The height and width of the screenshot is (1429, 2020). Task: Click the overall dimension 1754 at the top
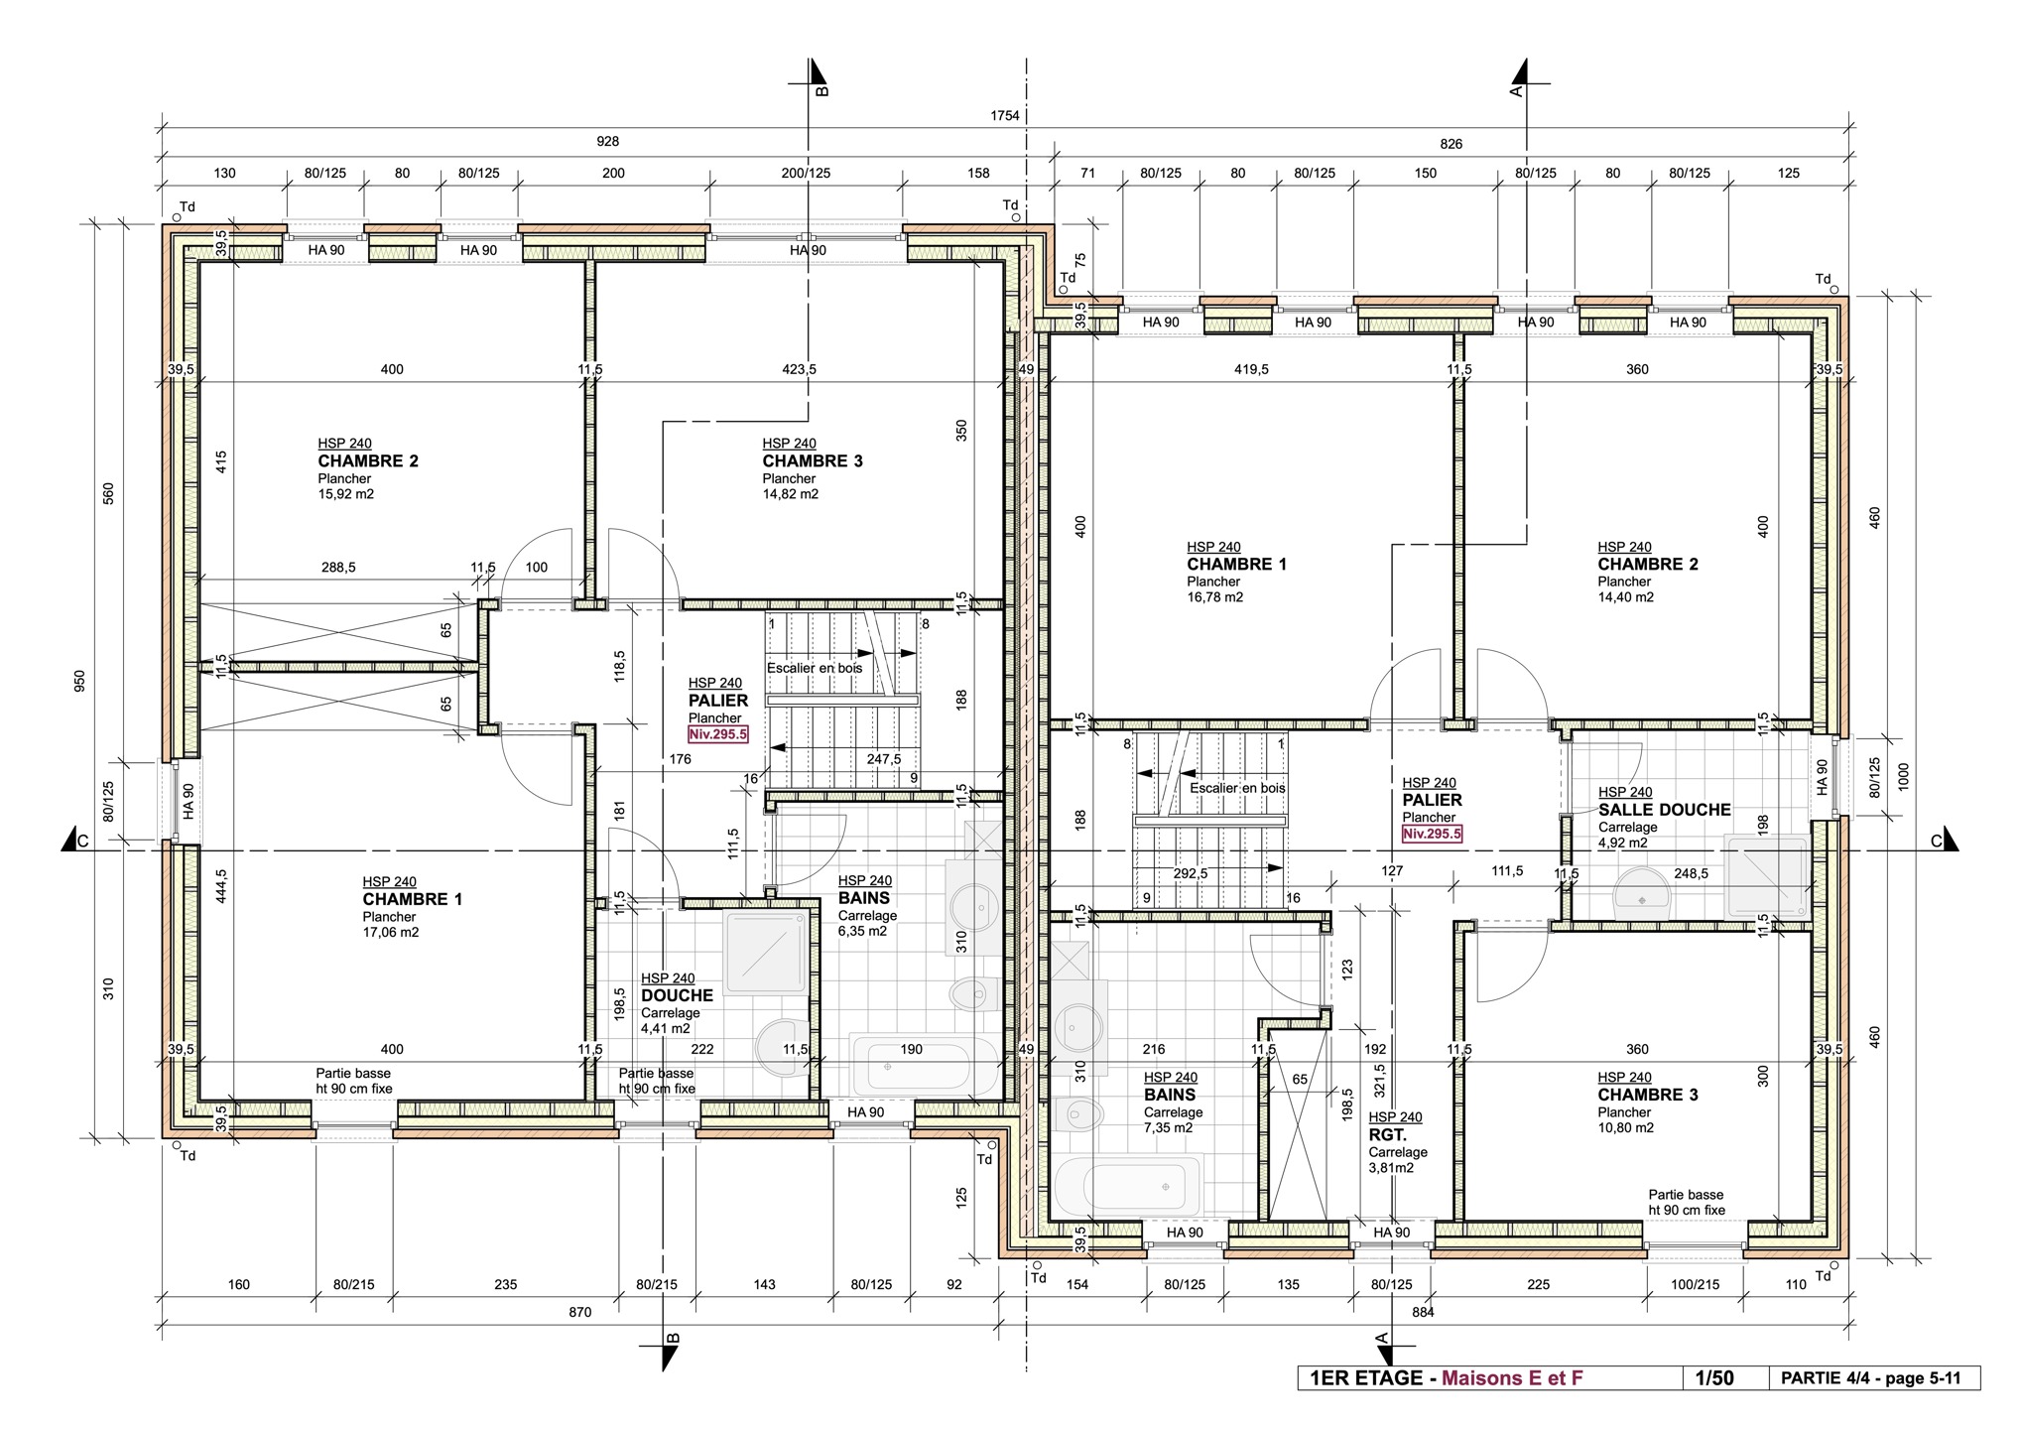click(x=1004, y=115)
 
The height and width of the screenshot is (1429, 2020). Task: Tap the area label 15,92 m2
click(x=345, y=494)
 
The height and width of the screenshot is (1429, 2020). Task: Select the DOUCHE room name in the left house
click(x=677, y=995)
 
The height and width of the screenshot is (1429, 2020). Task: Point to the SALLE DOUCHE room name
click(x=1664, y=810)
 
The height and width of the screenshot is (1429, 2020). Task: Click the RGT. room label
click(x=1387, y=1134)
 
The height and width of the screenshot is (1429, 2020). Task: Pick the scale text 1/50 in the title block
click(x=1714, y=1377)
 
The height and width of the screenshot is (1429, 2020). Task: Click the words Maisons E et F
click(x=1512, y=1377)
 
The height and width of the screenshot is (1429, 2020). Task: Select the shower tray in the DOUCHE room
click(x=767, y=953)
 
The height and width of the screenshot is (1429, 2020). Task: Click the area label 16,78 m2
click(x=1214, y=597)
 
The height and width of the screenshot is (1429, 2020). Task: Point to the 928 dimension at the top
click(x=607, y=142)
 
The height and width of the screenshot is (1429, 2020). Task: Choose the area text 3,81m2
click(x=1391, y=1168)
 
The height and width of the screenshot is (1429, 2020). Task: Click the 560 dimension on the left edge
click(x=108, y=493)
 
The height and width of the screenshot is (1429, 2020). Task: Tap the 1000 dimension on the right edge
click(x=1902, y=776)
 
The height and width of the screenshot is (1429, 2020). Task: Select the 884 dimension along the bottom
click(x=1422, y=1312)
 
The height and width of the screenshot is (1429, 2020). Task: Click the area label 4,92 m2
click(x=1622, y=843)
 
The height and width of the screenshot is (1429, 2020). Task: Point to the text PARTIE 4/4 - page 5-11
click(x=1871, y=1377)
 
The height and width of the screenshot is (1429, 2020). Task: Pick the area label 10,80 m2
click(x=1625, y=1128)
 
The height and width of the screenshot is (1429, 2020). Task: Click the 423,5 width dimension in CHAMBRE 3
click(x=799, y=369)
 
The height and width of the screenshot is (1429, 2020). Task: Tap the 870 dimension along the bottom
click(x=579, y=1312)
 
